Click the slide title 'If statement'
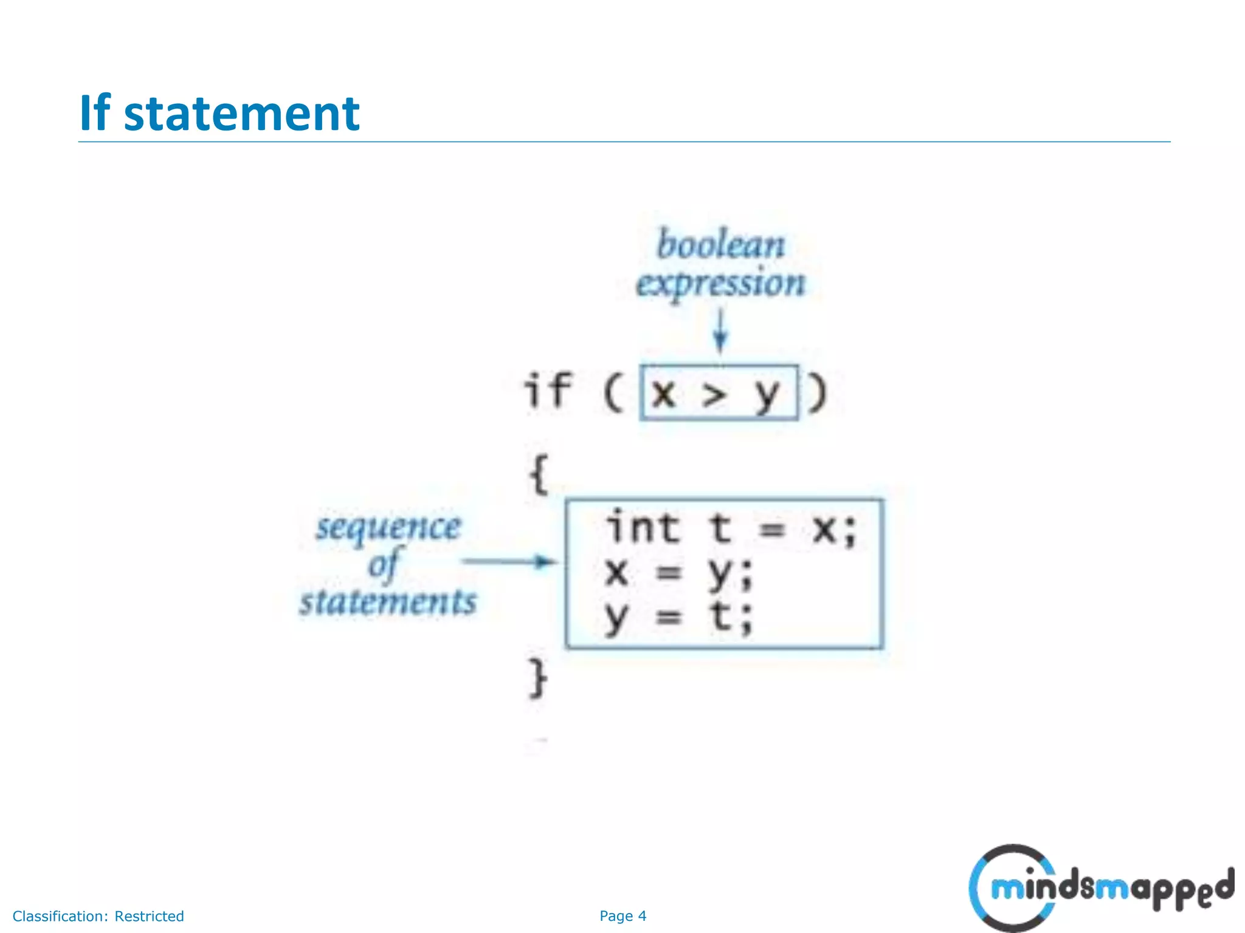(219, 114)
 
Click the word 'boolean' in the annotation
(721, 245)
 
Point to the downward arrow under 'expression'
(720, 331)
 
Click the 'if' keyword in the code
(548, 391)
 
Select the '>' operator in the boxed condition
(714, 395)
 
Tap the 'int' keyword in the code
(643, 527)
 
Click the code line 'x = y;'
(678, 572)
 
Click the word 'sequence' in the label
(388, 527)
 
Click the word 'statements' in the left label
(388, 602)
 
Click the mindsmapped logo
(1102, 888)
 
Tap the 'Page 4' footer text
(622, 916)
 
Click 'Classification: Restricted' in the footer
(98, 916)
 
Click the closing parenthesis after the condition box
(818, 393)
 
